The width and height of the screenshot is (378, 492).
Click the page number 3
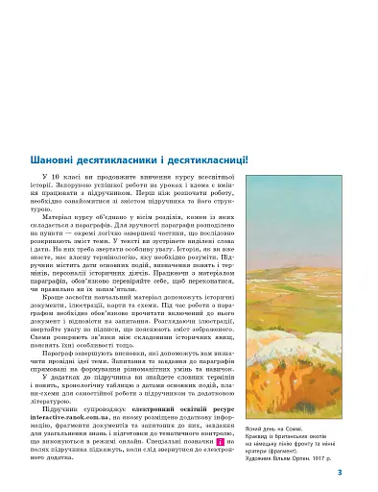pyautogui.click(x=366, y=473)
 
